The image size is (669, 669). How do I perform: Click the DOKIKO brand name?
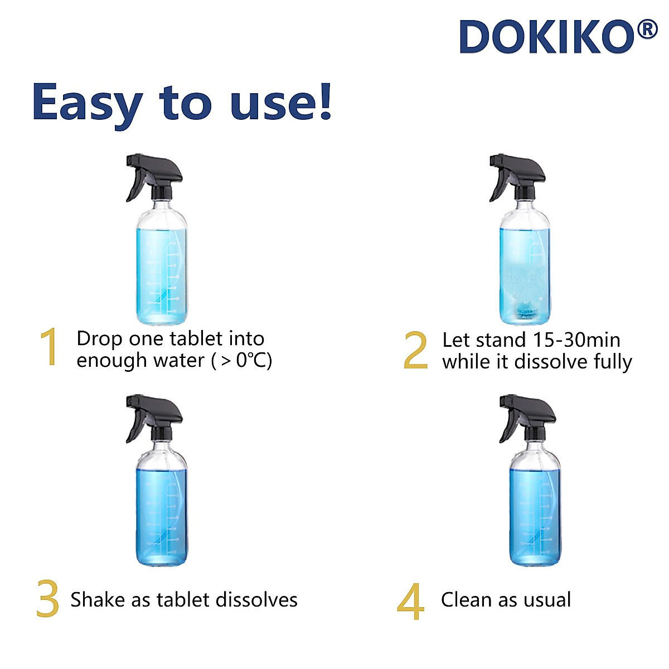[x=547, y=37]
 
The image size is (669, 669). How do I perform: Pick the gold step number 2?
[x=416, y=350]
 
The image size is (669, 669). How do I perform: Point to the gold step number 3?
[x=48, y=599]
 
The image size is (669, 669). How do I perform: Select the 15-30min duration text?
[x=576, y=340]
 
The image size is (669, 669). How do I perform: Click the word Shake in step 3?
[x=98, y=599]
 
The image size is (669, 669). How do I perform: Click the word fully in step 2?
[x=613, y=362]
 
